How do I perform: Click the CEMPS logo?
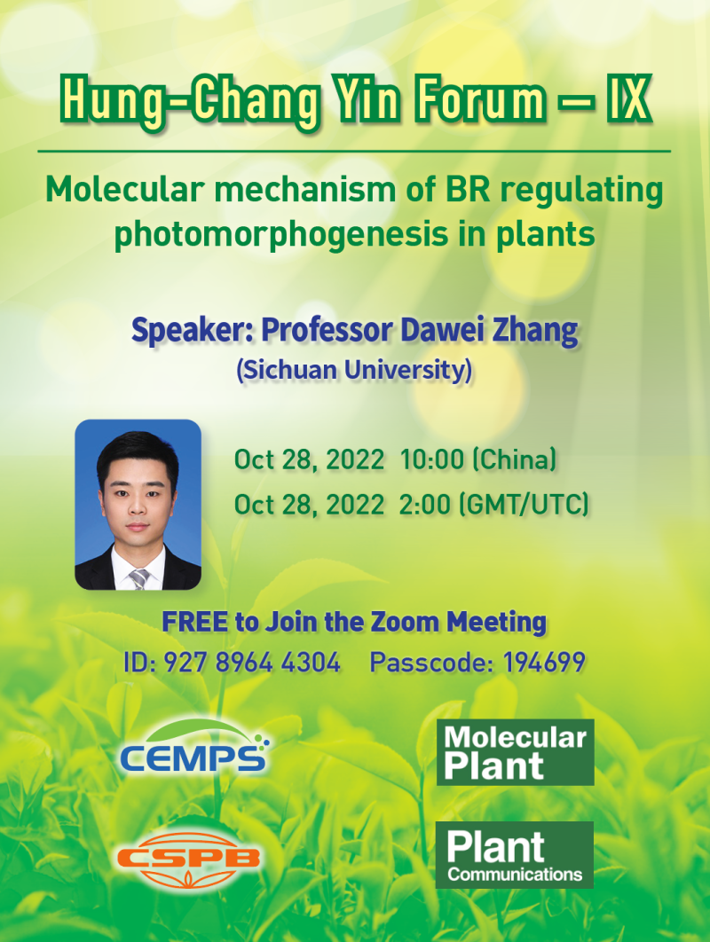194,748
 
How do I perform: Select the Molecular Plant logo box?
516,752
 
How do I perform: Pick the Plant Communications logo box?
515,855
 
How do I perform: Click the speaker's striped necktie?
139,578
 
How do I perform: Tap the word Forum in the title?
480,99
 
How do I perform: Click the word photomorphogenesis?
280,235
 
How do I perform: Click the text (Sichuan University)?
354,370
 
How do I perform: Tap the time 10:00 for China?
432,460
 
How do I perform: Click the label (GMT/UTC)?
524,505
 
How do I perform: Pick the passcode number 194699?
544,663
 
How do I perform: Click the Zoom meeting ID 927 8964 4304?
252,663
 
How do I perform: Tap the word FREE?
194,623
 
